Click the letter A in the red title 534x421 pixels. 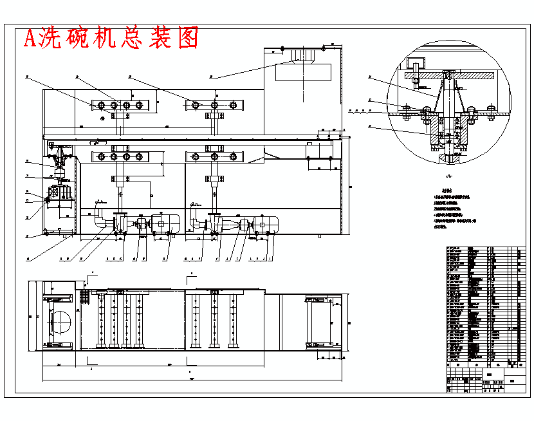click(x=30, y=39)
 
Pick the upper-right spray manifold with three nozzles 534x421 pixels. click(x=215, y=104)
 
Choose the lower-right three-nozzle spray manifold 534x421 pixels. click(x=215, y=156)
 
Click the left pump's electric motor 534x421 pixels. click(x=165, y=223)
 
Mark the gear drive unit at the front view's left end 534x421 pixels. click(x=59, y=193)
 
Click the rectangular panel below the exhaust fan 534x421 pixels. click(x=303, y=72)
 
